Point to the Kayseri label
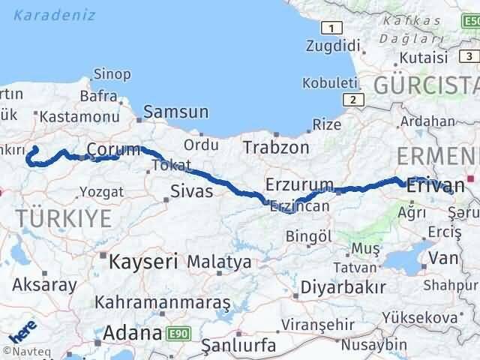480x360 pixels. pyautogui.click(x=142, y=262)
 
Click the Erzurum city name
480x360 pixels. pyautogui.click(x=299, y=184)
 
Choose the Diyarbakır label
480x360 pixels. pyautogui.click(x=343, y=286)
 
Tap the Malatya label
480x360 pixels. pyautogui.click(x=219, y=262)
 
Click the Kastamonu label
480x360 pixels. pyautogui.click(x=79, y=116)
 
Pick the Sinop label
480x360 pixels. pyautogui.click(x=112, y=74)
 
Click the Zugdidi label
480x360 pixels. pyautogui.click(x=334, y=46)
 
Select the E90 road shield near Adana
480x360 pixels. pyautogui.click(x=177, y=331)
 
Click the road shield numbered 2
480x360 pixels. pyautogui.click(x=351, y=99)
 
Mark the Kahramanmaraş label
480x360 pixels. pyautogui.click(x=162, y=303)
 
